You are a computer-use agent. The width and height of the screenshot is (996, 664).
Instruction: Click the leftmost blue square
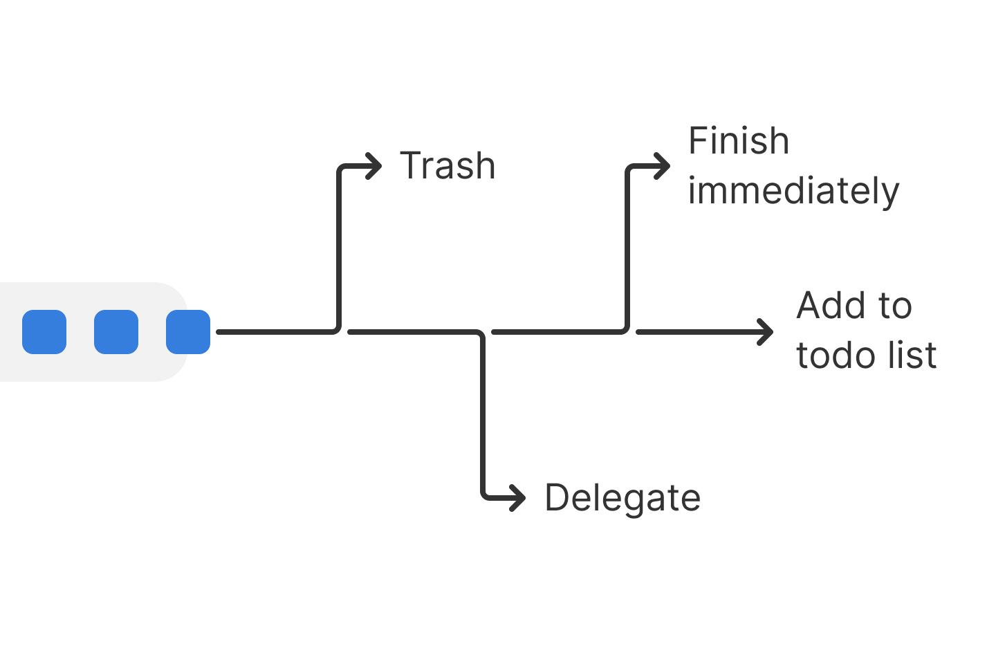pos(44,332)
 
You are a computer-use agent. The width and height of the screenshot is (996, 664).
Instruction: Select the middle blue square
pos(116,332)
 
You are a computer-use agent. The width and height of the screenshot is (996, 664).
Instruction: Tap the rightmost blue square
pos(188,332)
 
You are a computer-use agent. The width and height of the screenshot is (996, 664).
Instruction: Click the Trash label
pos(448,166)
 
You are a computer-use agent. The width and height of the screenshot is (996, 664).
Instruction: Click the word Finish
pos(738,141)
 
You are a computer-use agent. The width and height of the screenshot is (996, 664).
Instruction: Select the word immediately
pos(793,191)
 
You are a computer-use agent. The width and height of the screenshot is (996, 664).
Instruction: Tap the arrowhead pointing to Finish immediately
pos(665,166)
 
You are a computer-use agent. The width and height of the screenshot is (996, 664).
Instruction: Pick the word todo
pos(834,356)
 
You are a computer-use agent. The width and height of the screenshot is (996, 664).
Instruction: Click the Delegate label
pos(622,498)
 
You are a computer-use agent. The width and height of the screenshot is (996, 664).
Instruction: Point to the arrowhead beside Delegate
pos(519,498)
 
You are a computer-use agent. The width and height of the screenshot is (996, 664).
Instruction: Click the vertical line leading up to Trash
pos(338,249)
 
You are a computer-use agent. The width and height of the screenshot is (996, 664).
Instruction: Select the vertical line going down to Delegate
pos(482,415)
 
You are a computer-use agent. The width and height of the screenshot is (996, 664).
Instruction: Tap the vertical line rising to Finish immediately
pos(627,249)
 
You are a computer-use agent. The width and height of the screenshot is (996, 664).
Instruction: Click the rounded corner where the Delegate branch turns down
pos(479,335)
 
